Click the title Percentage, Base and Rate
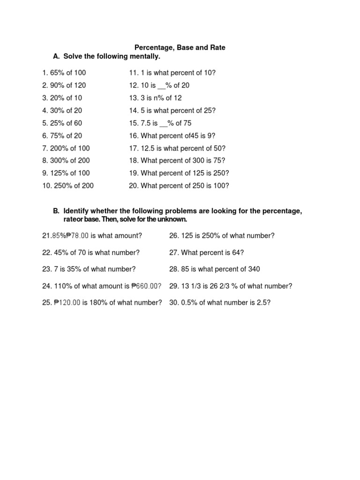pos(180,47)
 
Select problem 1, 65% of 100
pos(64,73)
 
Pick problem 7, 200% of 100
pos(66,148)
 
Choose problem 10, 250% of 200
pos(67,186)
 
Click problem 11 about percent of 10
pos(172,73)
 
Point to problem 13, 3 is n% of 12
pos(155,98)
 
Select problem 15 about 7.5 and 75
pos(160,123)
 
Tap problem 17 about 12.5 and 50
pos(177,148)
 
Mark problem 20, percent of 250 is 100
pos(179,186)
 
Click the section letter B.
pos(56,211)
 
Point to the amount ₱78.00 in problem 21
pos(78,236)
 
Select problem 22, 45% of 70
pos(91,253)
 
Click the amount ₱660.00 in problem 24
pos(146,286)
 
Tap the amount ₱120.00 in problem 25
pos(67,303)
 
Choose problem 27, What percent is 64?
pos(206,253)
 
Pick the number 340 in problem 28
pos(253,269)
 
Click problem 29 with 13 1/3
pos(230,286)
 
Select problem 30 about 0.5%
pos(220,303)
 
